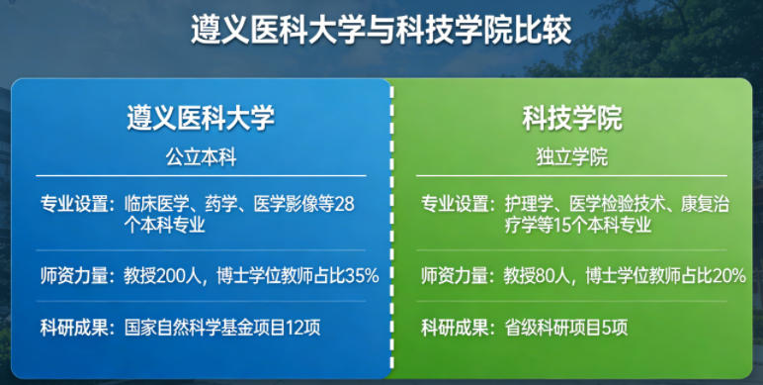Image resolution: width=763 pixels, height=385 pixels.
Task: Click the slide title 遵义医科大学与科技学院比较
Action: point(381,30)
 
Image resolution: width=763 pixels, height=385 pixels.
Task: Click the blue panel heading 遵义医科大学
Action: point(201,118)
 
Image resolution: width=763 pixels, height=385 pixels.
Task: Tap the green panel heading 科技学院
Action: point(572,118)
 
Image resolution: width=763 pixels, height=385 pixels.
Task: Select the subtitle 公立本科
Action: point(201,157)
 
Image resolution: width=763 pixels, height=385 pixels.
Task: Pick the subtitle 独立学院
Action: point(572,157)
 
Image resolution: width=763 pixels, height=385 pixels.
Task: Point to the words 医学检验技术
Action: point(619,204)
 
